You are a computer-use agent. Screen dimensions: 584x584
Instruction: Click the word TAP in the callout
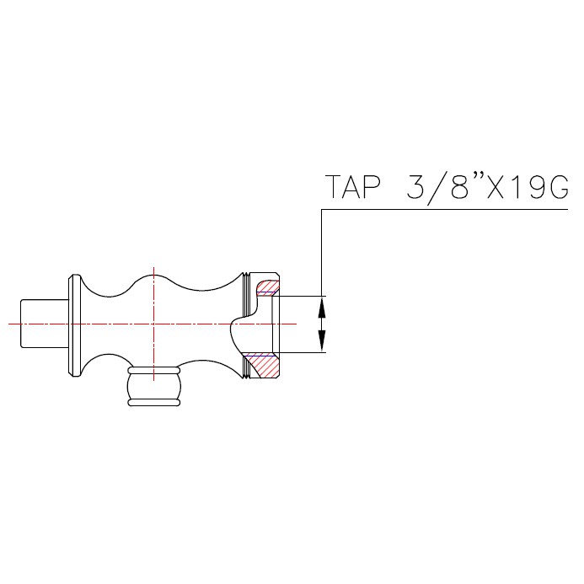(x=353, y=187)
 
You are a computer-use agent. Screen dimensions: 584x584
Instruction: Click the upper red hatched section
(x=266, y=288)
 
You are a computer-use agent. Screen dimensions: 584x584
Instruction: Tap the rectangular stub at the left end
(x=45, y=324)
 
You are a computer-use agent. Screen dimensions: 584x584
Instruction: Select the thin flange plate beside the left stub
(x=75, y=325)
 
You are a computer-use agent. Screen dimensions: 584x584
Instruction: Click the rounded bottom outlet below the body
(x=154, y=386)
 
